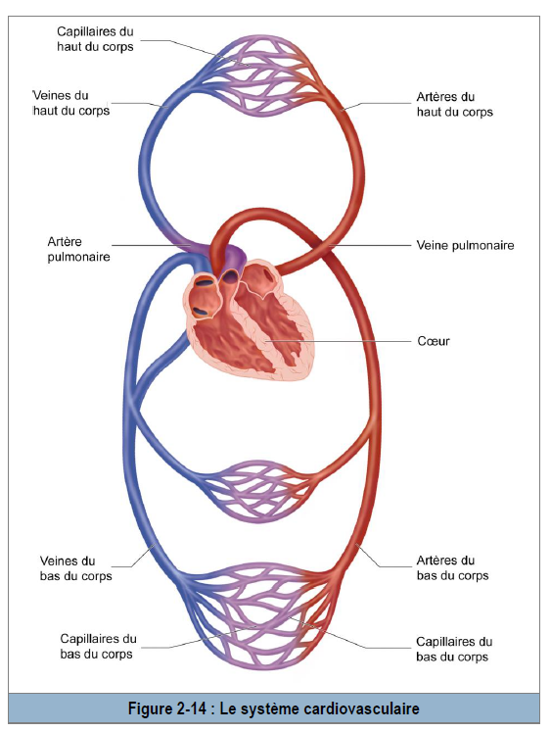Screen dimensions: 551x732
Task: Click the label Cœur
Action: coord(433,341)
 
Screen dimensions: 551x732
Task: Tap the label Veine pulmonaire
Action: coord(465,245)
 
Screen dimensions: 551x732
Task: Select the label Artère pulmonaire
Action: coord(78,249)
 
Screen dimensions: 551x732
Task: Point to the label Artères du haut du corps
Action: coord(454,105)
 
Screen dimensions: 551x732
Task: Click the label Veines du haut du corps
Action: coord(70,103)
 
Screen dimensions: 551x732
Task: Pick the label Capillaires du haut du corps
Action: coord(95,39)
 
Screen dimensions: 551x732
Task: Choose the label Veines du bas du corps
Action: coord(75,568)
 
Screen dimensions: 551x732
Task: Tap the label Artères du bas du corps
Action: coord(452,568)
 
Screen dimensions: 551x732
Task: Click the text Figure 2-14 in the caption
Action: coord(167,708)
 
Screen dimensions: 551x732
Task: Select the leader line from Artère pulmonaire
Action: coord(152,245)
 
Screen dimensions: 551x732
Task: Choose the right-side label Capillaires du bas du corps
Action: coord(454,650)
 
